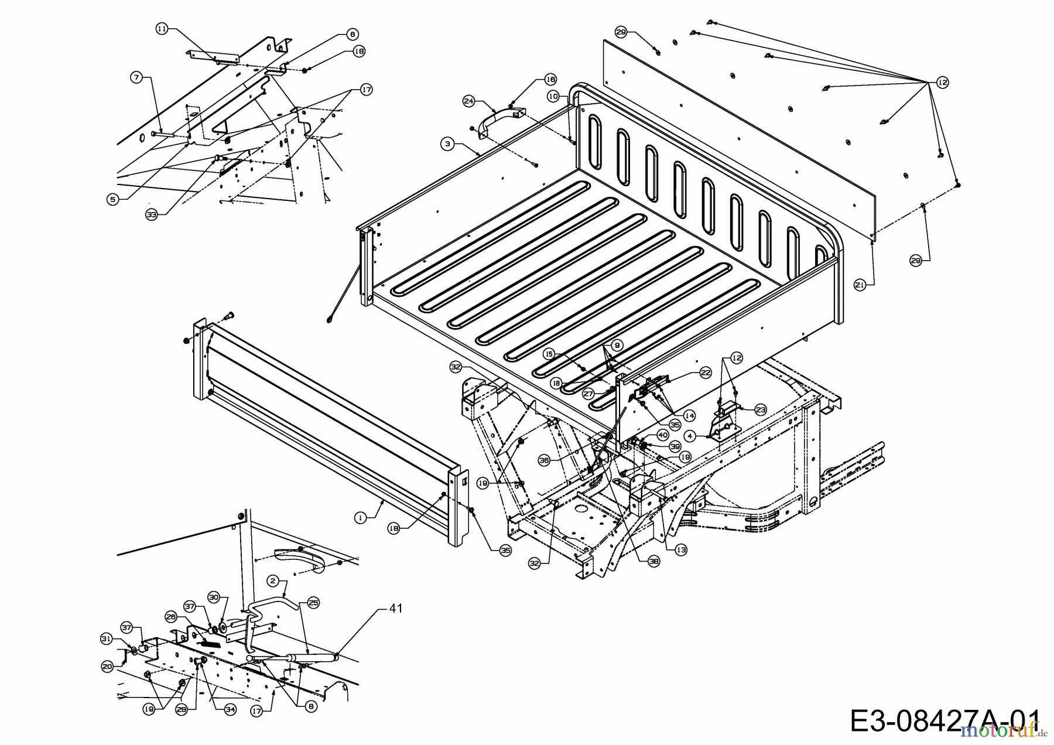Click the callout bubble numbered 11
tap(162, 28)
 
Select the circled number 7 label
tap(136, 77)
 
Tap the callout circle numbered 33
tap(152, 215)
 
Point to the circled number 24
tap(468, 101)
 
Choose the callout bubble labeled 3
tap(447, 143)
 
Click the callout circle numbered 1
tap(361, 518)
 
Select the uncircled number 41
tap(396, 609)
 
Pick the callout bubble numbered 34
tap(231, 709)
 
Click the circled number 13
tap(680, 550)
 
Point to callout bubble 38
tap(653, 561)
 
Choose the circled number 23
tap(760, 410)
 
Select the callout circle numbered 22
tap(705, 372)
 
